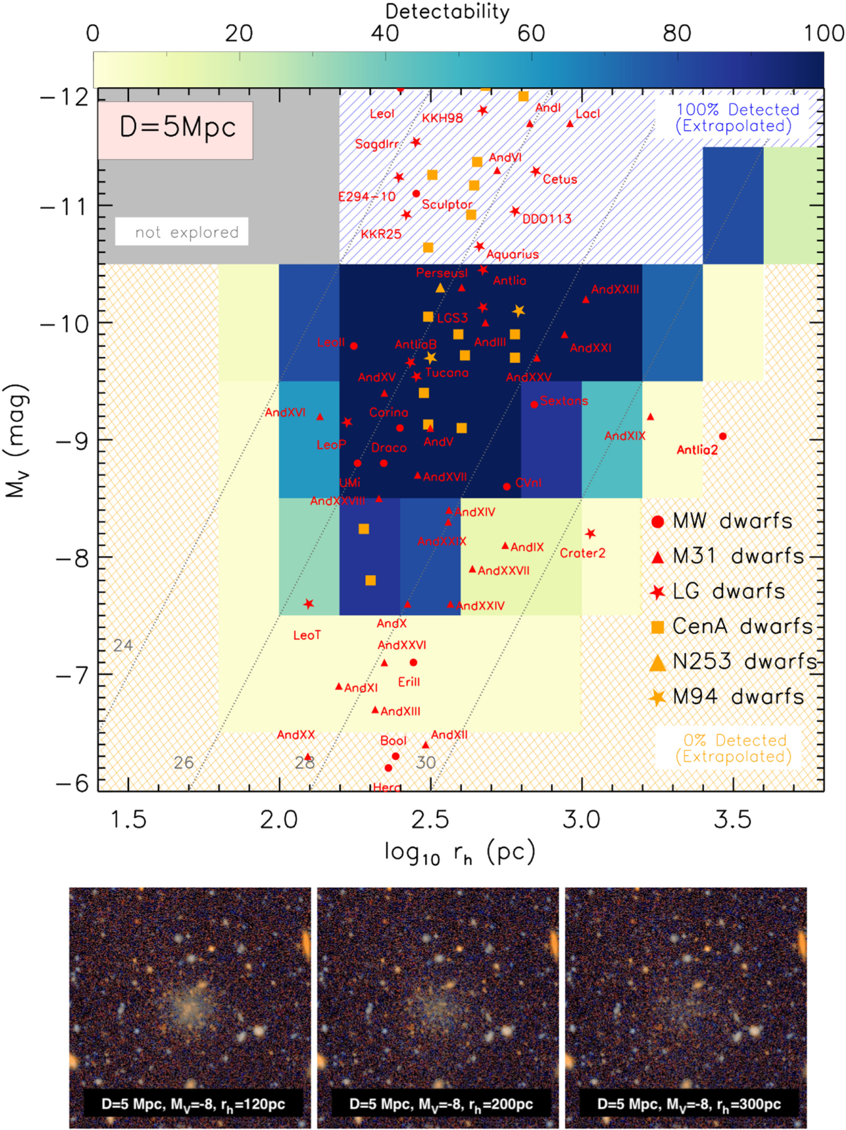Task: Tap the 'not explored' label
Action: tap(186, 232)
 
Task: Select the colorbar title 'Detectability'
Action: tap(447, 11)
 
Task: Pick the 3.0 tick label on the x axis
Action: tap(581, 819)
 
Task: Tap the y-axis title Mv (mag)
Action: tap(17, 440)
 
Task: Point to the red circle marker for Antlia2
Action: tap(723, 437)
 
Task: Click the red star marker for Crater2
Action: tap(590, 534)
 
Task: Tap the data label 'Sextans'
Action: tap(564, 401)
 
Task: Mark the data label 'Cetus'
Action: tap(560, 179)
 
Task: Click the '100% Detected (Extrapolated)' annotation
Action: tap(737, 118)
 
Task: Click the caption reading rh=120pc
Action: tap(193, 1104)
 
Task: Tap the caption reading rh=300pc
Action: tap(689, 1104)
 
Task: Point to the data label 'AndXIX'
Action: tap(624, 436)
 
